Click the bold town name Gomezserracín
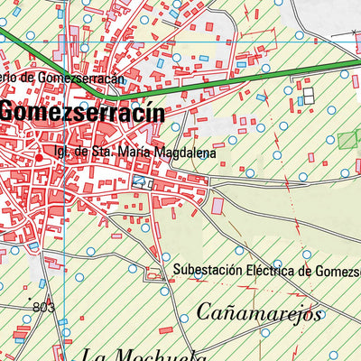(82, 114)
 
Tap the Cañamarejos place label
(258, 315)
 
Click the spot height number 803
(42, 308)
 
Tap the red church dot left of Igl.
(39, 155)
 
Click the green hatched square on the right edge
(347, 140)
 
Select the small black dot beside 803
(29, 297)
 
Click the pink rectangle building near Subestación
(218, 207)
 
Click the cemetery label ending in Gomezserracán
(63, 79)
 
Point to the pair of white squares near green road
(309, 94)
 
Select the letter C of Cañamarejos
(203, 315)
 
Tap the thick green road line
(226, 88)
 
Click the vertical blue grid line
(66, 226)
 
